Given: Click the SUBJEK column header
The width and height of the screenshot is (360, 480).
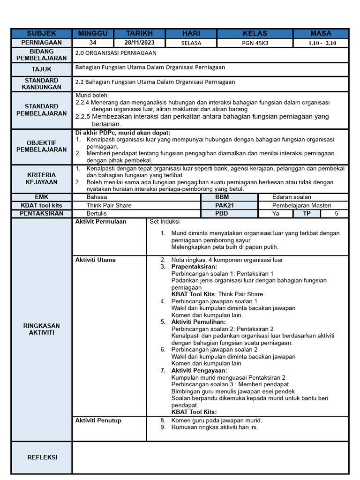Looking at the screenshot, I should pos(41,33).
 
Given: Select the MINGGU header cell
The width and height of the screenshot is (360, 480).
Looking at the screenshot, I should pos(92,33).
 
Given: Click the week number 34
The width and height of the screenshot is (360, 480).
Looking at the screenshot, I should pos(92,43).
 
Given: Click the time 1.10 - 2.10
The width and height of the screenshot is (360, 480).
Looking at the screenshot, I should pos(322,43).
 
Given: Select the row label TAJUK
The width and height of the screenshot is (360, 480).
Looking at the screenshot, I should pos(41,69).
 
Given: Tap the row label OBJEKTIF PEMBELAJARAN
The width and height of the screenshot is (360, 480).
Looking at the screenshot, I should pos(41,146).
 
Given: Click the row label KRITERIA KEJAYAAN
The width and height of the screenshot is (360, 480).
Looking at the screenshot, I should pos(41,178).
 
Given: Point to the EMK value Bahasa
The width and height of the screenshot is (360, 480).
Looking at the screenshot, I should pos(97,197).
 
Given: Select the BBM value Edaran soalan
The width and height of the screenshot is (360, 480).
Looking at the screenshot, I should pos(291,197).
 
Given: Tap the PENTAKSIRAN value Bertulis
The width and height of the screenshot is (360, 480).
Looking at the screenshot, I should pos(97,214).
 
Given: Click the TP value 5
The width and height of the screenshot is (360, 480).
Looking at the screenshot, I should pos(336,214).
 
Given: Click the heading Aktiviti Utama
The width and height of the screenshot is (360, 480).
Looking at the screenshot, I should pos(96,260).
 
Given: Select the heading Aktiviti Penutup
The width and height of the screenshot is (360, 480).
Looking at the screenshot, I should pos(98,420).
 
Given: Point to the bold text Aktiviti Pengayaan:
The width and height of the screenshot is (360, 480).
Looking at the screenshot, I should pos(199,370).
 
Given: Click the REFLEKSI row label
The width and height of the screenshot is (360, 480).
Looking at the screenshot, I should pos(41,457).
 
